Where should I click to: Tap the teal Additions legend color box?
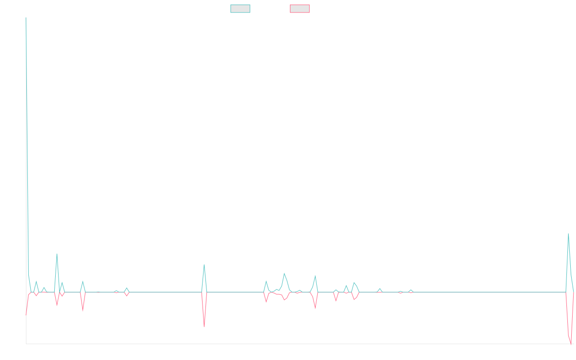point(240,9)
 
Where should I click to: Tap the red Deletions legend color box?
point(300,9)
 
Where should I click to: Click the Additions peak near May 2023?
point(204,264)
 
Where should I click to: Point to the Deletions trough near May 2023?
point(204,327)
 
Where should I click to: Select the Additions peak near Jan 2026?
point(568,234)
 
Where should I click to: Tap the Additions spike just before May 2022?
point(57,254)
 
